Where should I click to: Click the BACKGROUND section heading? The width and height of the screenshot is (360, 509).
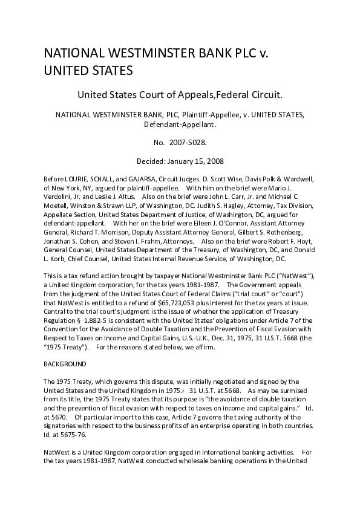[66, 364]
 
